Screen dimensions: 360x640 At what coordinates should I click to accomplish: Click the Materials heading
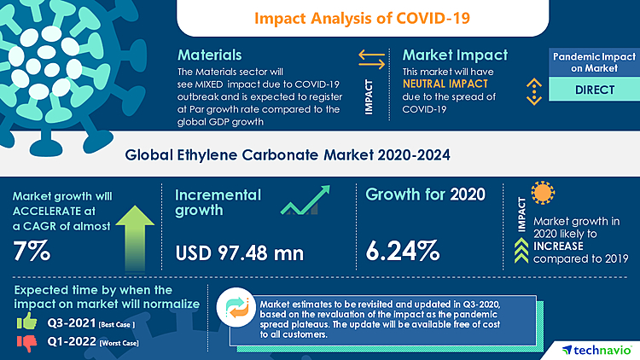(x=209, y=55)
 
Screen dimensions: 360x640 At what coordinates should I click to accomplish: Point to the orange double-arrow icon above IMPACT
(x=371, y=59)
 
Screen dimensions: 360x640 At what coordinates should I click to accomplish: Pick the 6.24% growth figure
(x=403, y=251)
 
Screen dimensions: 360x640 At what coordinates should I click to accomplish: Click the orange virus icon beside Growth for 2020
(x=542, y=193)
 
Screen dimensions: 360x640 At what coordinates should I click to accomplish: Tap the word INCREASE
(x=558, y=244)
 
